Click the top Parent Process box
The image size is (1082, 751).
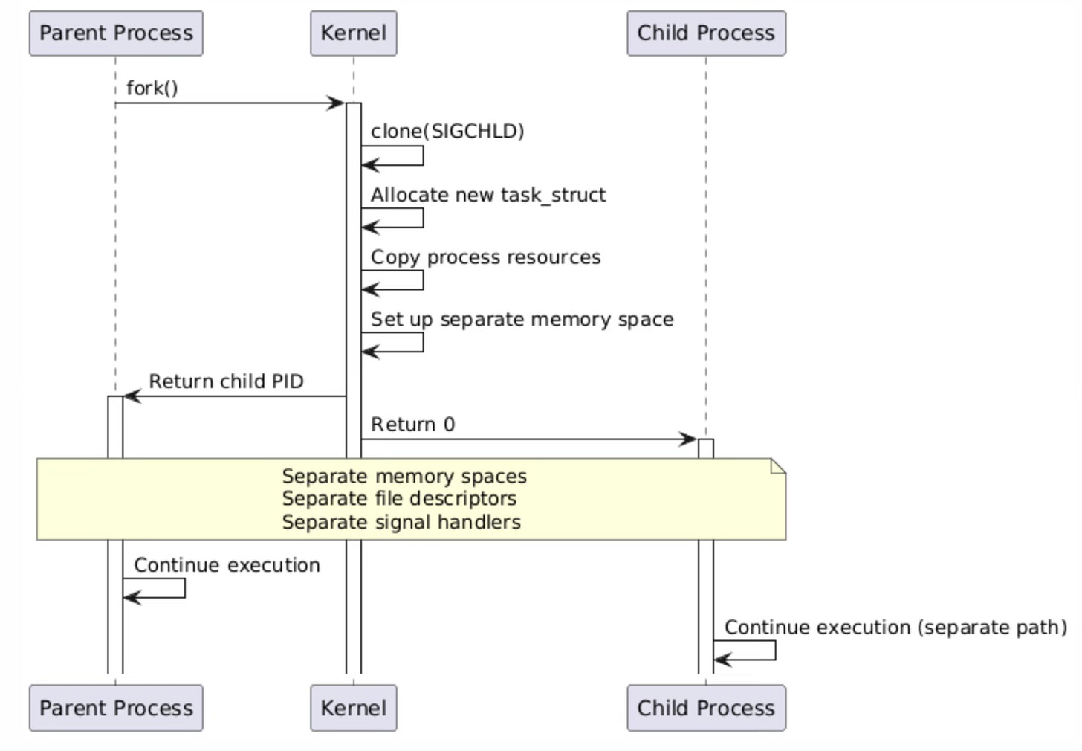[116, 33]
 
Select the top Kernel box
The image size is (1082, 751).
[353, 33]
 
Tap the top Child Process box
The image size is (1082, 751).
[705, 33]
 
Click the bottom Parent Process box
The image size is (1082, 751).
[116, 708]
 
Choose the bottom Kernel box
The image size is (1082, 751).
[353, 708]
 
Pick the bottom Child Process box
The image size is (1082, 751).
[705, 708]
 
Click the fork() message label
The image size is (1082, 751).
[152, 88]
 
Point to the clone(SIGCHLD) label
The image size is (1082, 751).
[447, 132]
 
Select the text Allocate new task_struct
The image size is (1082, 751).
[488, 195]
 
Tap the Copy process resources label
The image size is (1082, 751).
[485, 257]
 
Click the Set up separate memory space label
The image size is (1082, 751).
[522, 320]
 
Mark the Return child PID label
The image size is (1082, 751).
[226, 381]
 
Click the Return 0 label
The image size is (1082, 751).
[412, 425]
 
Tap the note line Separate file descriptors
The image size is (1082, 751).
[398, 499]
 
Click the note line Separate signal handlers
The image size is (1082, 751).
[401, 522]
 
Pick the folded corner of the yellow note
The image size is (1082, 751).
[778, 466]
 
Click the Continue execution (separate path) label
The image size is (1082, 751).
[895, 628]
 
